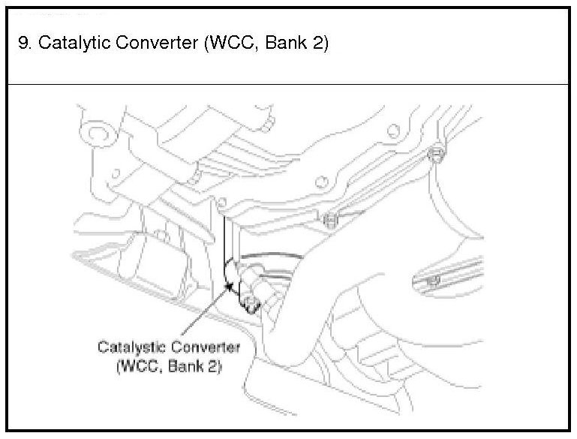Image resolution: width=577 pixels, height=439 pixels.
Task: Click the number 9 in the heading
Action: [x=22, y=42]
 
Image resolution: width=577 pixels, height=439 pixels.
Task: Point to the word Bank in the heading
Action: [x=281, y=42]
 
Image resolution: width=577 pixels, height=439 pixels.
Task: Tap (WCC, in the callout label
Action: [x=136, y=368]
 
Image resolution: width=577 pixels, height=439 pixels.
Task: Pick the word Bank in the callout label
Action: [x=185, y=368]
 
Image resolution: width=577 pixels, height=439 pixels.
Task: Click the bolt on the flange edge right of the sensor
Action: [x=329, y=220]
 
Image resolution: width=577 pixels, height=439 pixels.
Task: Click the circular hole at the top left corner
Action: [x=95, y=134]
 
